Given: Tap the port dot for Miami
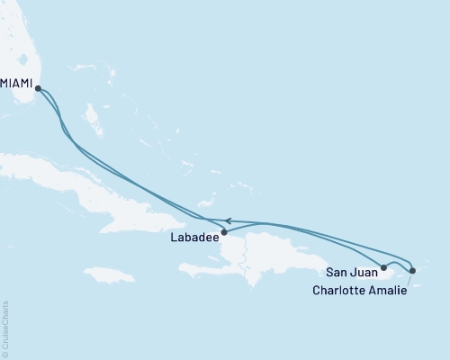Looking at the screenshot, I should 37,87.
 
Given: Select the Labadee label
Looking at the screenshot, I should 193,238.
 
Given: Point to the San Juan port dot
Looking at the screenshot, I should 384,267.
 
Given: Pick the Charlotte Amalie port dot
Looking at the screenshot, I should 412,270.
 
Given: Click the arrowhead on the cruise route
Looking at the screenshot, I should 229,220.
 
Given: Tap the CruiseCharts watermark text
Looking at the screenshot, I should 5,328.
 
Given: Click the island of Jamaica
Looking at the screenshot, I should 112,274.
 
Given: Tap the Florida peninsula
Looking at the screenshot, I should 18,45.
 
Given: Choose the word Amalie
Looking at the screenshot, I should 385,290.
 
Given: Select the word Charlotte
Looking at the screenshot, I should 338,290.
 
